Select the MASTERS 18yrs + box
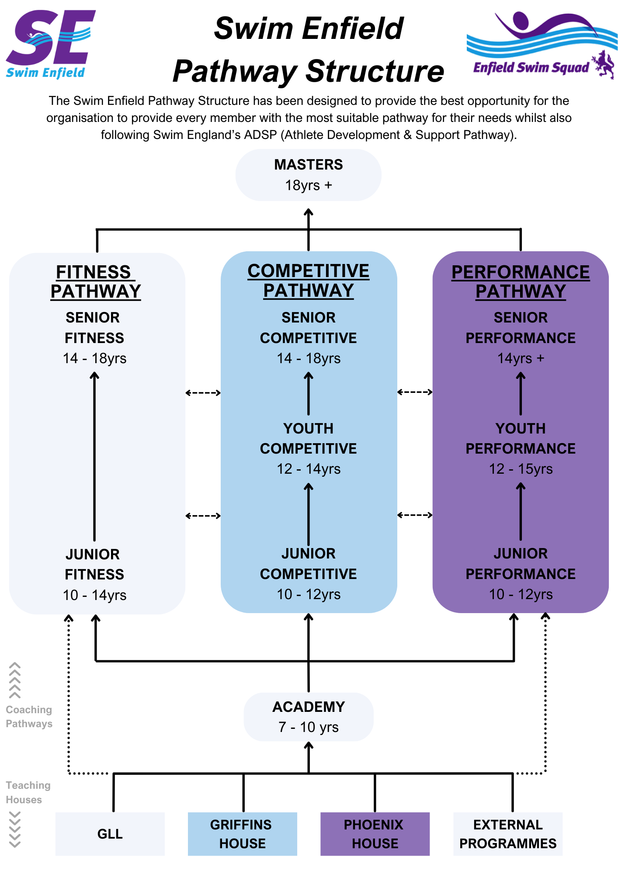(309, 175)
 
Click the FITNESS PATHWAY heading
(95, 282)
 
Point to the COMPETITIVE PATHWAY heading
(309, 281)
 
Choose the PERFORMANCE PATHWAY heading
(521, 282)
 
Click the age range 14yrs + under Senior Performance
(521, 358)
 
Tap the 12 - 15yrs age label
(521, 469)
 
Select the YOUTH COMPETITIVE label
(309, 438)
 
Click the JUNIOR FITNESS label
(94, 564)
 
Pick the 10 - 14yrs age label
(94, 595)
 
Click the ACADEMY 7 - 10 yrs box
(309, 717)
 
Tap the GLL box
(110, 834)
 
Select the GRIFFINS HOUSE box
(242, 834)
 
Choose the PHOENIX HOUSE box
(375, 834)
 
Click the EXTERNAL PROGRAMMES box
(508, 834)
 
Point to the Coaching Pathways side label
(29, 717)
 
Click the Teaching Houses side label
(28, 792)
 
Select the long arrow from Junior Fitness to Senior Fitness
(94, 457)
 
